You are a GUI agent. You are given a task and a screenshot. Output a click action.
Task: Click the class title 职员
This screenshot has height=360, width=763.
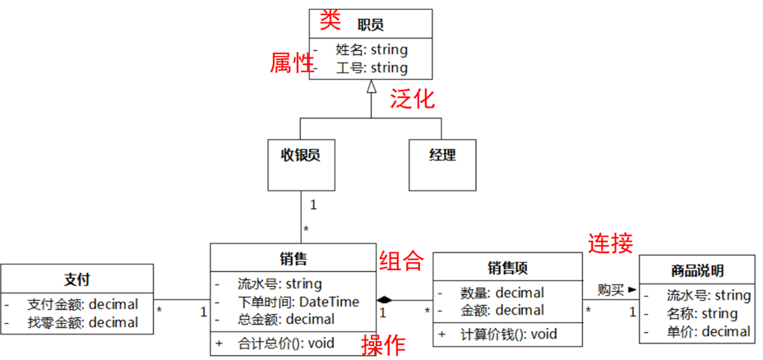pos(371,25)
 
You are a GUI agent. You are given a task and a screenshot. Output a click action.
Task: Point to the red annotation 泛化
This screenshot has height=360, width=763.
pos(412,99)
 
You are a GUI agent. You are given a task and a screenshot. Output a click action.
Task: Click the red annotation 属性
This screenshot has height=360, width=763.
pos(293,62)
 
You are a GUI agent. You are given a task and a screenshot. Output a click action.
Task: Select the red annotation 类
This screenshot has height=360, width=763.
pos(331,20)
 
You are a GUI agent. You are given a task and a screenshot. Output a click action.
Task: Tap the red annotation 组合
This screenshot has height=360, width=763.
pos(400,261)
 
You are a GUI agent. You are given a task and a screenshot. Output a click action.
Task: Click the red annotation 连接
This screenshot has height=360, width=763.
pos(610,242)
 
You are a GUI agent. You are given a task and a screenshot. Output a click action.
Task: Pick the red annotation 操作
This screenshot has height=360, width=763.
pos(383,345)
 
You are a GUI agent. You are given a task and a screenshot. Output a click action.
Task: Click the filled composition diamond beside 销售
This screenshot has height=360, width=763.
pos(386,299)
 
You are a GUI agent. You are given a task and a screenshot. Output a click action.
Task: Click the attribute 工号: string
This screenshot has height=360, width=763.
pos(372,67)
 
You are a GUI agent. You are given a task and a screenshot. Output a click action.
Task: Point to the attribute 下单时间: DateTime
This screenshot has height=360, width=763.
pos(298,302)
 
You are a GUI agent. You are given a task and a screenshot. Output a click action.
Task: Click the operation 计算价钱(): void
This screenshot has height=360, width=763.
pos(509,334)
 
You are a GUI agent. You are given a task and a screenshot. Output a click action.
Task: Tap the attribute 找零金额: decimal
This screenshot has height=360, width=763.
pos(82,322)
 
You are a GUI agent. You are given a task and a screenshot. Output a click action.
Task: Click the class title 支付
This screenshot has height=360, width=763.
pos(77,278)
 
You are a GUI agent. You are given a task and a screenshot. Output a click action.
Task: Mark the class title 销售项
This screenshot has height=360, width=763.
pos(507,266)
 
